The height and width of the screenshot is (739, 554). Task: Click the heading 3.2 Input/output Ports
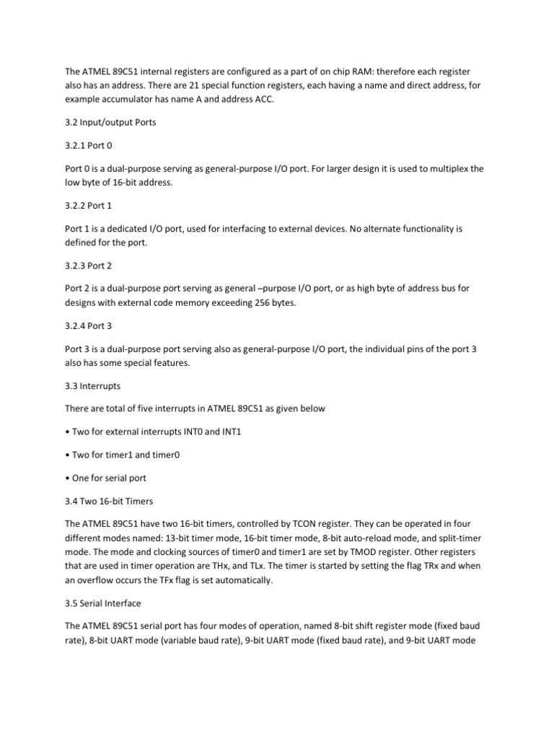tap(110, 122)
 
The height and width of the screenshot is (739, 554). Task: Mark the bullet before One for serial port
tap(67, 478)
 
